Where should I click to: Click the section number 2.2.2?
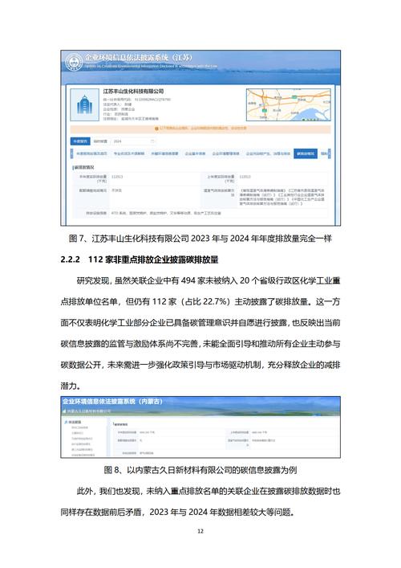coord(74,259)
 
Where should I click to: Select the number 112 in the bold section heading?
coord(99,259)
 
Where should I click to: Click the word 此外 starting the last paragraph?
coord(86,491)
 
